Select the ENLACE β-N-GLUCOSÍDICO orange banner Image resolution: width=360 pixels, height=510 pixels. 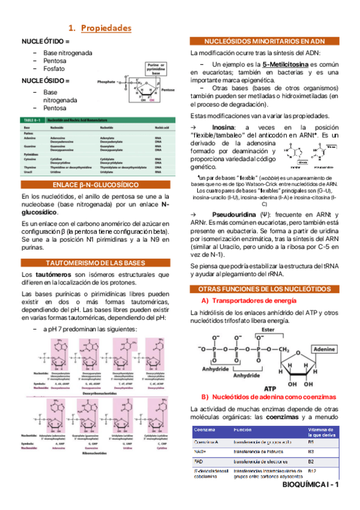point(96,184)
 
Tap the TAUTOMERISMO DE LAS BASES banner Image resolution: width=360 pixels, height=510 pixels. point(96,262)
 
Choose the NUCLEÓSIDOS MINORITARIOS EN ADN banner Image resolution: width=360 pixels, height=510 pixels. point(264,41)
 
